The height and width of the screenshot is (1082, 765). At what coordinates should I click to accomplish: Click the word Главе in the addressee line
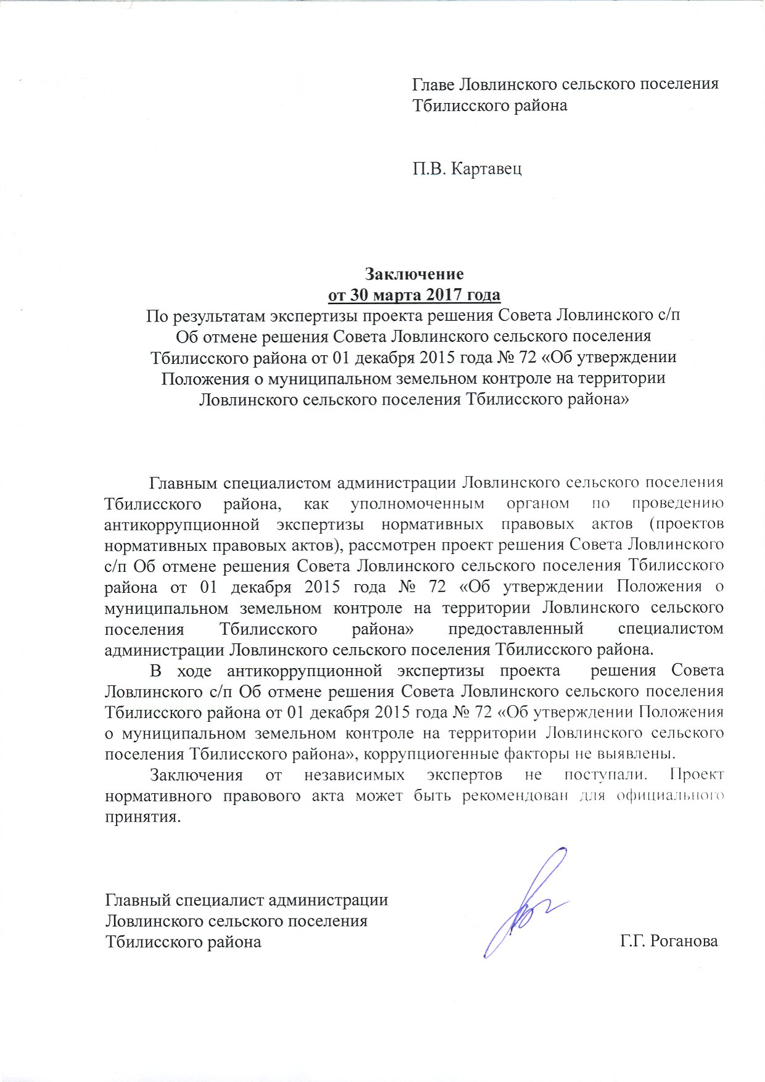(x=435, y=84)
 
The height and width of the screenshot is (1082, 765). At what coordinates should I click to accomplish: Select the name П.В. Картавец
(x=467, y=168)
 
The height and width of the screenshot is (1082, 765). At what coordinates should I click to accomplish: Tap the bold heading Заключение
(x=414, y=273)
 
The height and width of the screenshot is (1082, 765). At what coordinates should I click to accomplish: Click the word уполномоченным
(x=417, y=503)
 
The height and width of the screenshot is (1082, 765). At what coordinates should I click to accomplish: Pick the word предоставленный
(x=516, y=629)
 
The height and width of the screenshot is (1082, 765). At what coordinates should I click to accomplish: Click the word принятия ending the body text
(x=143, y=817)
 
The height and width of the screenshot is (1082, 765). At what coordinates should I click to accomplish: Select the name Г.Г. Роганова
(x=669, y=942)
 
